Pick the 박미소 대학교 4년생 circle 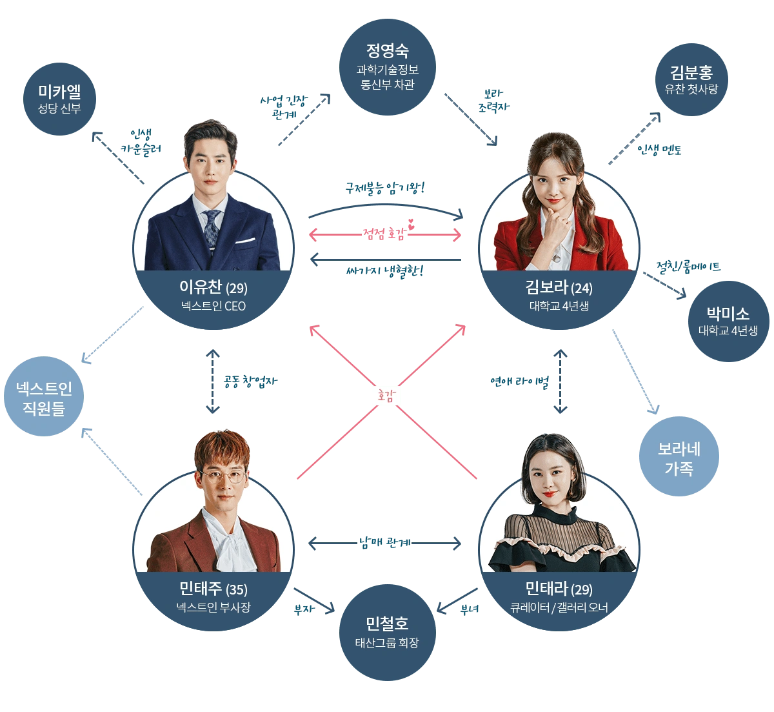click(x=728, y=321)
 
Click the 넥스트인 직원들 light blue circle click(x=44, y=398)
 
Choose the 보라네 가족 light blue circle click(x=679, y=458)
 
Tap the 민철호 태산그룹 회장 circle click(x=387, y=633)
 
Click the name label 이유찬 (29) click(x=213, y=287)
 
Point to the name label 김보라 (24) click(x=559, y=287)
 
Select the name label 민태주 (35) click(x=213, y=589)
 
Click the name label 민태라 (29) click(x=559, y=589)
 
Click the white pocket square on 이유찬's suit click(x=245, y=241)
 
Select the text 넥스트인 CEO click(x=213, y=306)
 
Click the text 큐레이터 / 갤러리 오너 click(x=559, y=607)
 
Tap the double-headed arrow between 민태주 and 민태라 click(x=386, y=544)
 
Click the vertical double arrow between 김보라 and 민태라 click(x=561, y=381)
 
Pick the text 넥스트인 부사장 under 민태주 click(x=213, y=607)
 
